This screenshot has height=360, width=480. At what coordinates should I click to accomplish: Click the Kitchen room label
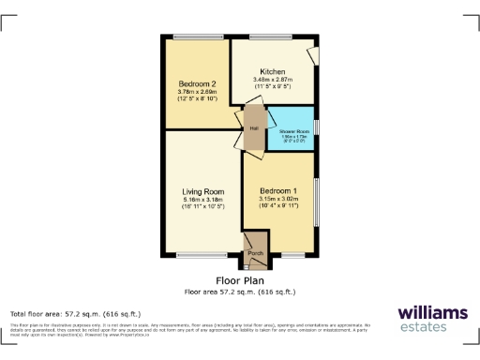[273, 72]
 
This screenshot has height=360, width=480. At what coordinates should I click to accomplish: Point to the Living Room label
[202, 191]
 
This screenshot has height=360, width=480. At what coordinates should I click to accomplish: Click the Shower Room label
[293, 132]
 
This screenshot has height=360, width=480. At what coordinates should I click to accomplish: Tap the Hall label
[253, 128]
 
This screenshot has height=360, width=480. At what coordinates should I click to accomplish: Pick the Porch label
[255, 252]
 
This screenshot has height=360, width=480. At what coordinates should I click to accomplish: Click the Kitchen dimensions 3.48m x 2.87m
[273, 81]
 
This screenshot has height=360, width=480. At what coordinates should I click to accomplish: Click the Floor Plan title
[239, 280]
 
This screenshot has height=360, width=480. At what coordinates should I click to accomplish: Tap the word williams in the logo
[432, 312]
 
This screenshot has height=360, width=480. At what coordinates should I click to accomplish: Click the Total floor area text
[75, 313]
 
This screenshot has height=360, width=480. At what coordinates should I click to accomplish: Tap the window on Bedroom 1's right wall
[317, 196]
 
